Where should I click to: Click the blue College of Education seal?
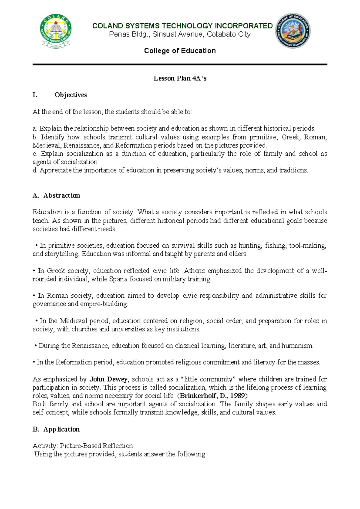(x=293, y=31)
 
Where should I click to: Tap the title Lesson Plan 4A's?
(x=180, y=78)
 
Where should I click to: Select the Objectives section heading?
(x=70, y=95)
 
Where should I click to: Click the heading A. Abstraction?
(x=56, y=195)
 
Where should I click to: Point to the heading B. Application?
(x=56, y=429)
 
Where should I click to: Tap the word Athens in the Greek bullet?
(x=194, y=271)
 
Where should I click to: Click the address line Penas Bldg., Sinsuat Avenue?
(x=180, y=34)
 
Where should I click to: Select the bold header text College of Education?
(x=180, y=51)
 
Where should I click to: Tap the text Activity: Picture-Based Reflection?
(x=82, y=446)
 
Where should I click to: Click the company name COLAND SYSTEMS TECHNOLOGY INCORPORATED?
(x=182, y=26)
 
